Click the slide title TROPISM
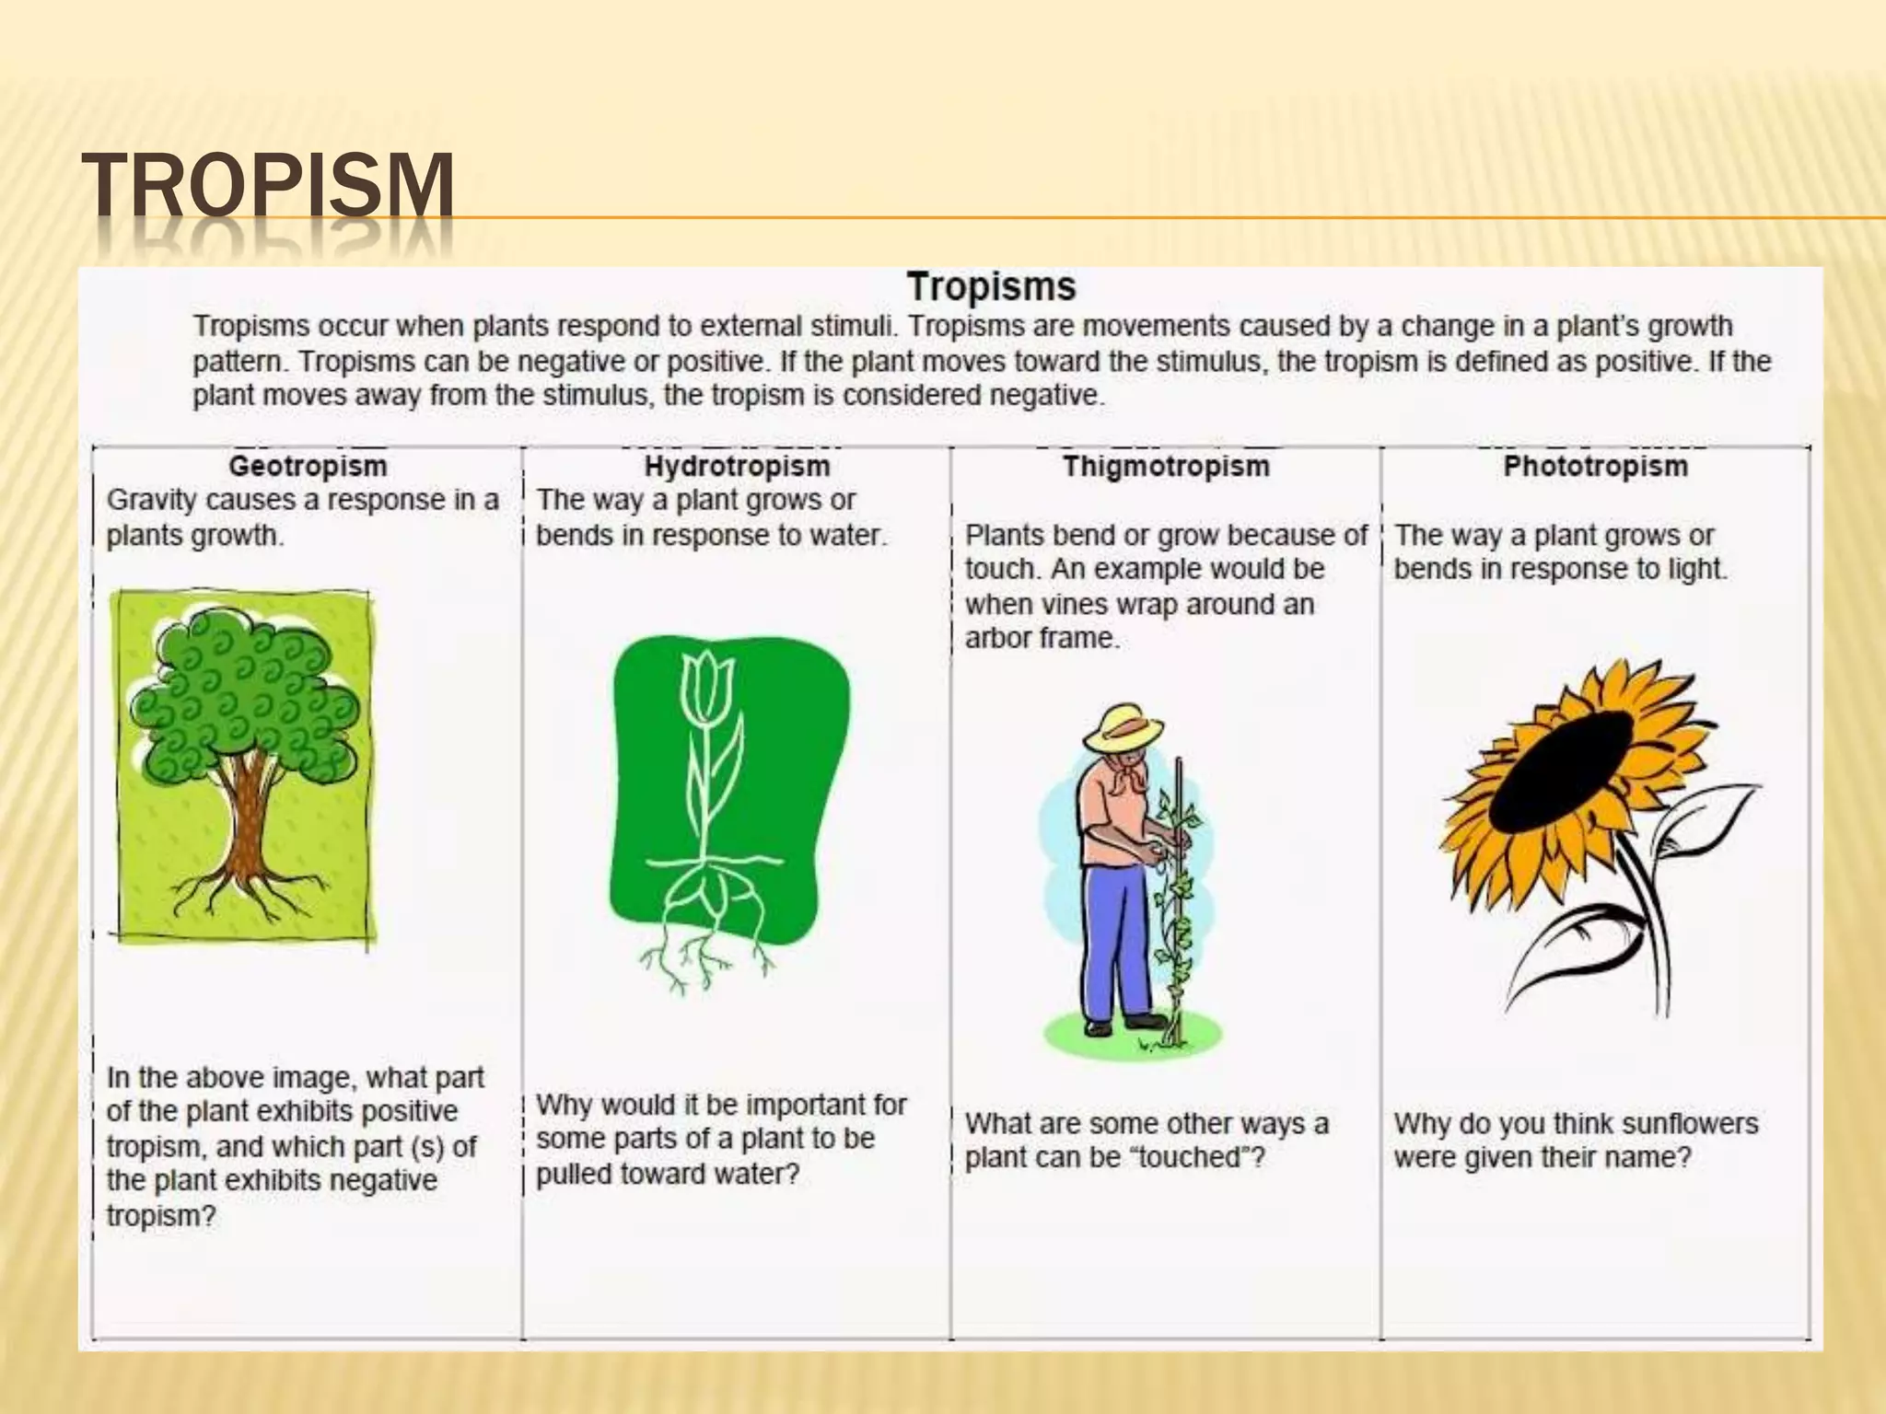[x=267, y=187]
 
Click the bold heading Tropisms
[x=991, y=286]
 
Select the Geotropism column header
[x=308, y=466]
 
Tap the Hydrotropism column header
[x=737, y=466]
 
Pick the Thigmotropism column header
[x=1166, y=466]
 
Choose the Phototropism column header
[x=1595, y=466]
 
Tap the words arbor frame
[x=1041, y=638]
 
